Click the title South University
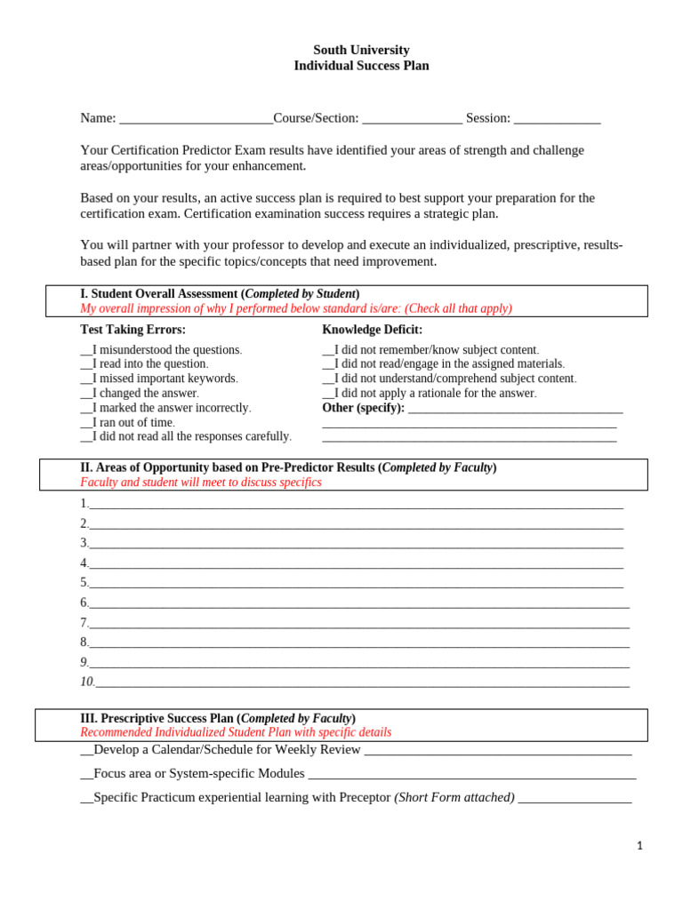pos(361,51)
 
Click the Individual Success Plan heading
pos(361,66)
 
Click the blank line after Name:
pos(196,119)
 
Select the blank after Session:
pos(557,119)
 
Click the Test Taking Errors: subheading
pos(133,330)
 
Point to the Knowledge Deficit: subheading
pos(372,330)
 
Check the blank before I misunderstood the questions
pos(86,351)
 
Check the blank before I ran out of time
pos(86,423)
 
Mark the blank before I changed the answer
pos(86,394)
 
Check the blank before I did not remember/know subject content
pos(328,351)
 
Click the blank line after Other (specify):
pos(515,409)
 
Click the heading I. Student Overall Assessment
pos(220,294)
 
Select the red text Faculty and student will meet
pos(201,483)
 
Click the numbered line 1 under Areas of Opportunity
pos(356,505)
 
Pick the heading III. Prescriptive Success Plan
pos(218,718)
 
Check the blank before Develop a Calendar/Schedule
pos(86,750)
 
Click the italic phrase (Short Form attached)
pos(454,798)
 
